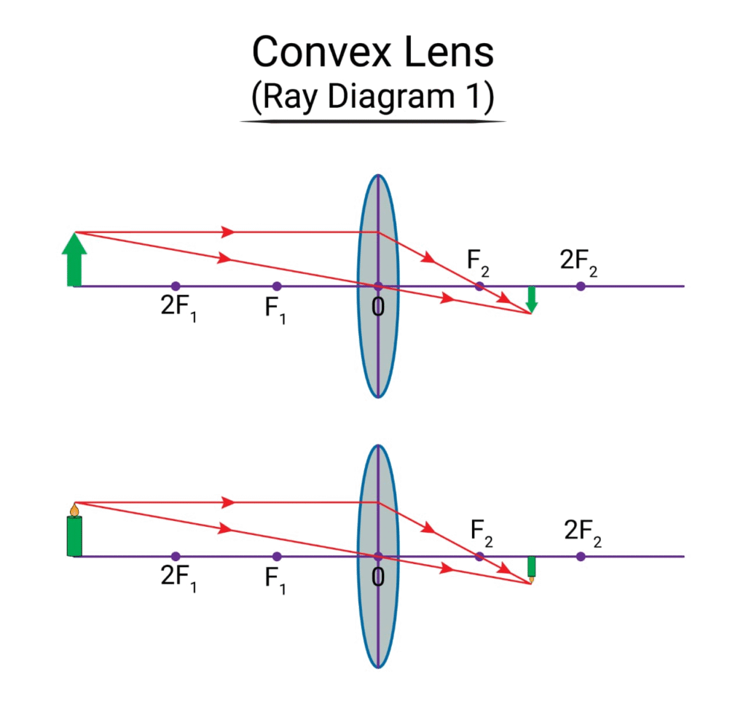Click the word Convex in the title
pos(321,52)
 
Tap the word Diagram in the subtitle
pos(391,97)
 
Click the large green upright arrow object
pos(74,259)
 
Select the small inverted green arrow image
pos(532,300)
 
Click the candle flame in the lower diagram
pos(74,510)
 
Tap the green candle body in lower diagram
pos(74,536)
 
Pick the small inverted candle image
pos(531,569)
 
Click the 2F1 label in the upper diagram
pos(178,308)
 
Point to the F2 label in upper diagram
pos(478,263)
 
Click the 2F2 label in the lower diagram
pos(583,533)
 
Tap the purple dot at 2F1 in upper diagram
pos(176,286)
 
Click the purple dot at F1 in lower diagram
pos(277,557)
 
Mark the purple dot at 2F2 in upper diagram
pos(581,286)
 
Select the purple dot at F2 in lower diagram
pos(479,557)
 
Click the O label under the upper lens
pos(378,308)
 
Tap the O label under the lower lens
pos(378,577)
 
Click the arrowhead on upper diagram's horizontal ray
pos(228,232)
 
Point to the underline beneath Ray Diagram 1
pos(372,122)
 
